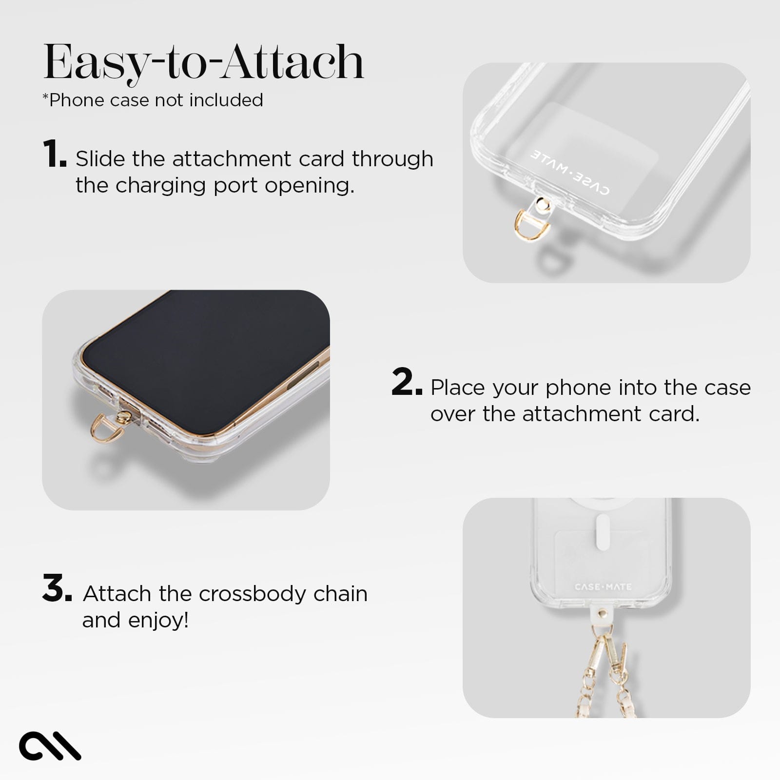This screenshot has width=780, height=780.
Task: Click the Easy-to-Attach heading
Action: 204,62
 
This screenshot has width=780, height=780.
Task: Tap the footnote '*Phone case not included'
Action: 153,100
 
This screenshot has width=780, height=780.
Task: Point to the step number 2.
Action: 406,383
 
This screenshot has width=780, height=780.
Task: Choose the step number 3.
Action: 57,588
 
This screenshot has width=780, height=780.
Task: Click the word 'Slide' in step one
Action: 100,159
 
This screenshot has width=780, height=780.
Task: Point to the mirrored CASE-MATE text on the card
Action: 570,172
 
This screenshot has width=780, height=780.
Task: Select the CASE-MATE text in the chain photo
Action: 603,587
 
